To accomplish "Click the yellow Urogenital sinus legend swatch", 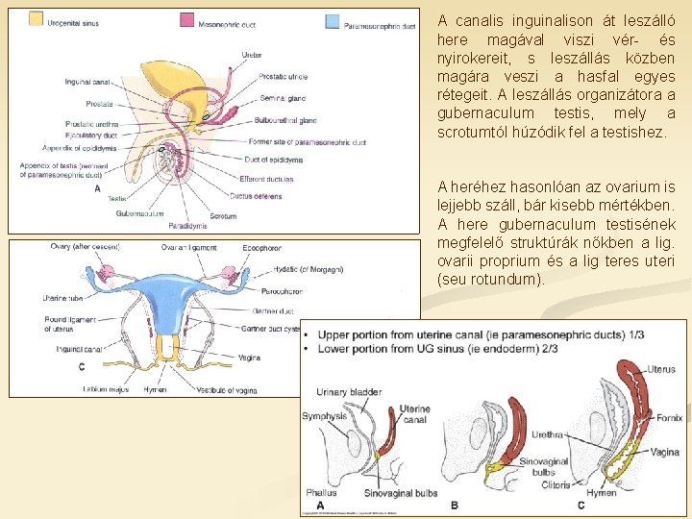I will (x=36, y=18).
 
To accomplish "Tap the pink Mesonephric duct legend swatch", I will (x=187, y=19).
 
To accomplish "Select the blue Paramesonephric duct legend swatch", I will (x=333, y=20).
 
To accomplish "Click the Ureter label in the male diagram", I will (x=252, y=55).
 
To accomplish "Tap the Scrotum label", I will (x=223, y=216).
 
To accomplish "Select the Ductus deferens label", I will (x=256, y=195).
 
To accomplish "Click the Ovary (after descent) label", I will (x=86, y=247).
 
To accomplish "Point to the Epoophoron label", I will (x=261, y=247).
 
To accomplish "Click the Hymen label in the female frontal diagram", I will (x=155, y=389).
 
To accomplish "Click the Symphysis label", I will (x=324, y=416).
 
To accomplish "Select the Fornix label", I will (x=670, y=418).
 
